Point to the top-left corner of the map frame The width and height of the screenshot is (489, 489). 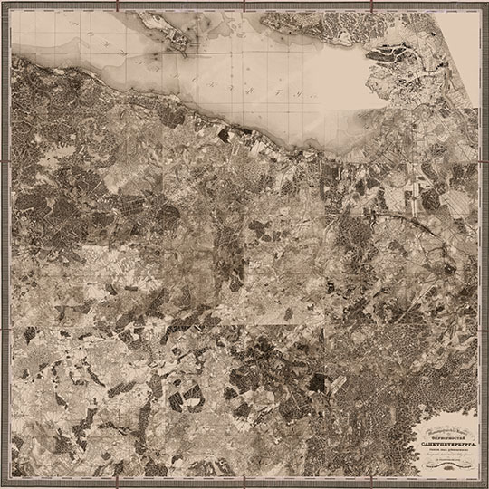(10, 10)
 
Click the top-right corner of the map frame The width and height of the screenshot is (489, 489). (479, 10)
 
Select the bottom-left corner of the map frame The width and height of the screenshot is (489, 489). (10, 479)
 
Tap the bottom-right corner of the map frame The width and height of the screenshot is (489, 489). (479, 479)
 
